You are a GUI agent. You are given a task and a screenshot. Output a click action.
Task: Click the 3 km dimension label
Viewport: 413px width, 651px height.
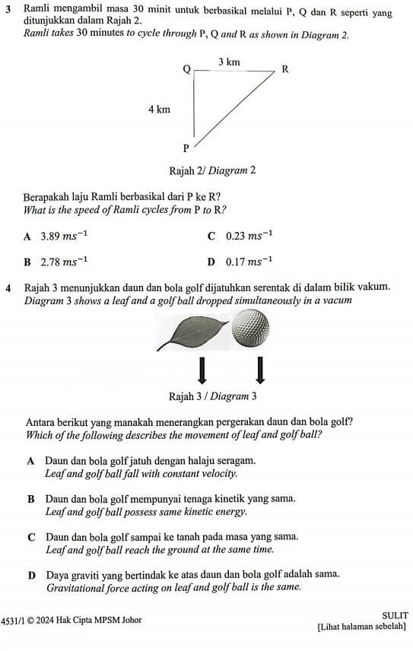[230, 61]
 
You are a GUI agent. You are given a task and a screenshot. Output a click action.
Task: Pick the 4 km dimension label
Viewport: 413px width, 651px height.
[160, 110]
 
